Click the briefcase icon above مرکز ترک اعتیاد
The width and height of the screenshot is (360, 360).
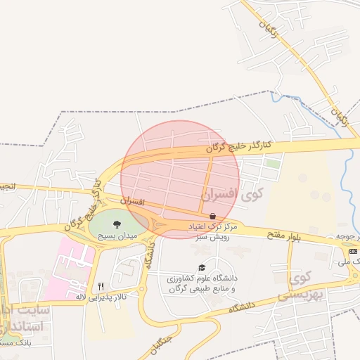click(212, 214)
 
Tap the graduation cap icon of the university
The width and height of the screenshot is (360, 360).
click(202, 268)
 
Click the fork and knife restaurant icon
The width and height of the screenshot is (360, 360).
click(101, 286)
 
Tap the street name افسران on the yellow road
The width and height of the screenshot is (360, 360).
click(131, 202)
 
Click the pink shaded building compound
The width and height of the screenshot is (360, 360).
click(67, 268)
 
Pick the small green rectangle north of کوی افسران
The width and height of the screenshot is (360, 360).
click(272, 163)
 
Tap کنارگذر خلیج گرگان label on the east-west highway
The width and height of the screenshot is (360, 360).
click(238, 146)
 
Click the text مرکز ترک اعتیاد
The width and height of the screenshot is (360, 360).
click(212, 228)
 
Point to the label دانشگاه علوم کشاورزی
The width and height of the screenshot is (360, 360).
click(203, 278)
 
